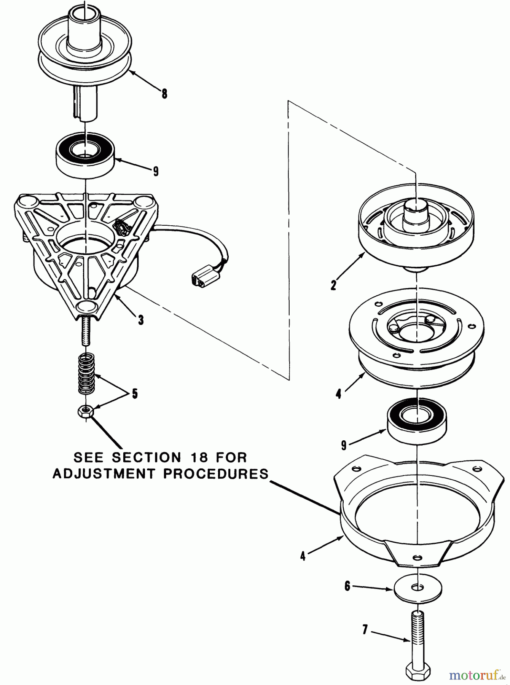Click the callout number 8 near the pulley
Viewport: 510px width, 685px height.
(164, 94)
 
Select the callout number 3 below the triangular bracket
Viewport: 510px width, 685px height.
(141, 320)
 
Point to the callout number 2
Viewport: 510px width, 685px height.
(333, 285)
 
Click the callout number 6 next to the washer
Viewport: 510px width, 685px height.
(347, 586)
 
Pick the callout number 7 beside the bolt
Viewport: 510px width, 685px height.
(365, 630)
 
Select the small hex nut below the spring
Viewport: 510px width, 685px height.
(86, 411)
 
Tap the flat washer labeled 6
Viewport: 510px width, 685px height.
(418, 588)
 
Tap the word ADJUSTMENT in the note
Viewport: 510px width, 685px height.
(104, 474)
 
